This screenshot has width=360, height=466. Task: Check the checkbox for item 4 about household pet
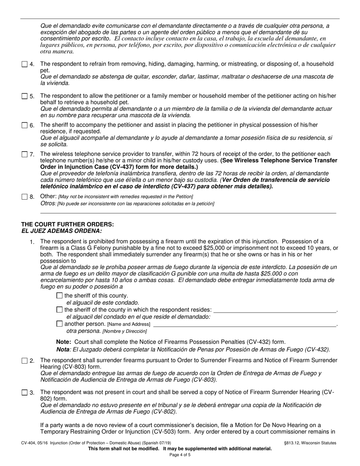(25, 64)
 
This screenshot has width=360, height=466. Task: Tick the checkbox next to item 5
(25, 96)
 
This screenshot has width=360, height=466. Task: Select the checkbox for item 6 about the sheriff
(25, 125)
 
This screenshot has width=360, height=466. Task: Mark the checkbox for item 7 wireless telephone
(25, 154)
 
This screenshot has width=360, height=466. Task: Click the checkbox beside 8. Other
(25, 197)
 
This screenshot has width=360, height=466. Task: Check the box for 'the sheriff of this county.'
(59, 296)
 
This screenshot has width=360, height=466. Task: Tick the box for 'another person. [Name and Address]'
(59, 324)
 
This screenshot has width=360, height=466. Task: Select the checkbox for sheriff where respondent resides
(59, 310)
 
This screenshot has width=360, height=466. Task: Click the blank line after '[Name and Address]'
(244, 325)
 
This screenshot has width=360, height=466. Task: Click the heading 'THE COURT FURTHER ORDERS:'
(67, 224)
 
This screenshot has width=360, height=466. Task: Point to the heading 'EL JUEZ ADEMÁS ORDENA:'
(61, 231)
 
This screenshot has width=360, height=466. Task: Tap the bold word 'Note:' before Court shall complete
(64, 342)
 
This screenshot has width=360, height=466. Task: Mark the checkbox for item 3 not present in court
(25, 393)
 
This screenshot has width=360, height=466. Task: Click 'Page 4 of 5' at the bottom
(180, 455)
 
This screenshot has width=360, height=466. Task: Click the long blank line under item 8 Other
(188, 213)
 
